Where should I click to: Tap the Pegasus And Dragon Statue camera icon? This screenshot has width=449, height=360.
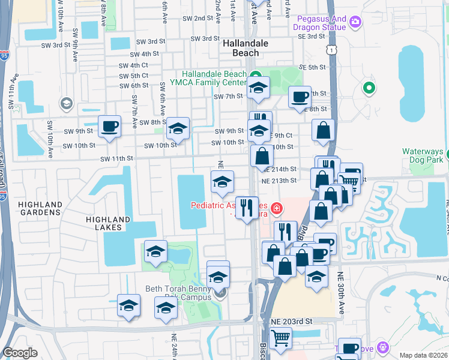[355, 22]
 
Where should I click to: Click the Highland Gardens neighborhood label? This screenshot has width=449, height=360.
[40, 209]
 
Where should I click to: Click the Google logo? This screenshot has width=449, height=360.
[20, 353]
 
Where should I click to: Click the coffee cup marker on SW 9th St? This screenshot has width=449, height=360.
[109, 127]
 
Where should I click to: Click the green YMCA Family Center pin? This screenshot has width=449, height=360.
[253, 75]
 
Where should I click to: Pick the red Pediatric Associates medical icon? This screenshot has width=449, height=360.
[277, 209]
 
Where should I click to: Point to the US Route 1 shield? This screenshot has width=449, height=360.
[331, 50]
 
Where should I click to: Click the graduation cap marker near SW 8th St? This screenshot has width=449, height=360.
[178, 128]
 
